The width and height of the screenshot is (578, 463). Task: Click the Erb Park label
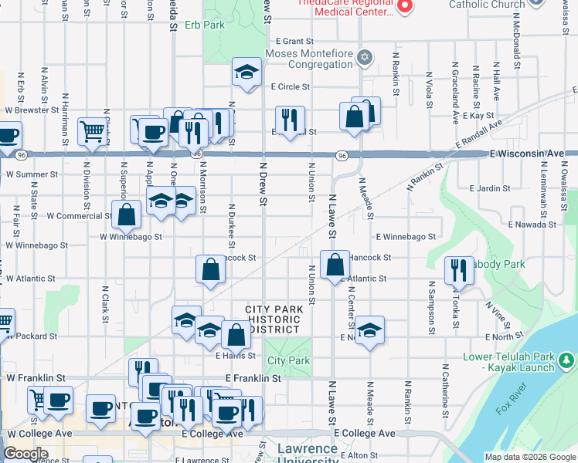[x=205, y=25]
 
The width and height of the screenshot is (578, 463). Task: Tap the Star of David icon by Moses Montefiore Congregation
[x=365, y=58]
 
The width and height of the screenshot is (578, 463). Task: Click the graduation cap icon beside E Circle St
[x=246, y=73]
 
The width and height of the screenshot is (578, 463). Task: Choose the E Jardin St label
[x=489, y=188]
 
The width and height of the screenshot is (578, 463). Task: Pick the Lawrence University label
[x=307, y=455]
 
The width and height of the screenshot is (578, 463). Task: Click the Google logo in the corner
[x=25, y=454]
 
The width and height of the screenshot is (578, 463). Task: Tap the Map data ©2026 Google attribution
[x=529, y=457]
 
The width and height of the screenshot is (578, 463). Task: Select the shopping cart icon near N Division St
[x=92, y=132]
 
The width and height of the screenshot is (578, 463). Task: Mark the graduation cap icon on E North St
[x=369, y=330]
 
